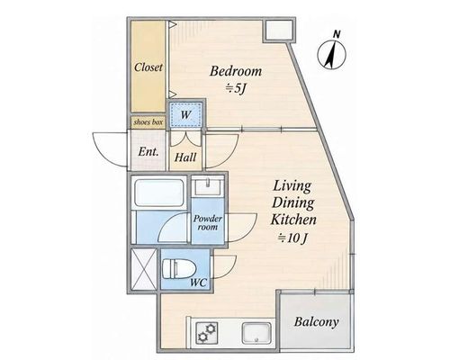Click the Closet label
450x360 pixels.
tap(148, 67)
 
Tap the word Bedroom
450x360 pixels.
tap(236, 71)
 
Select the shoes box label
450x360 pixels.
tap(148, 122)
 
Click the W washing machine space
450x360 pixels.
tap(185, 114)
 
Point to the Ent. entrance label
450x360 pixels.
tap(148, 152)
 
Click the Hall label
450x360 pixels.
tap(185, 157)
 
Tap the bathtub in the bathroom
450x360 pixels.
tap(158, 193)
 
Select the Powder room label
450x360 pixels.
tap(208, 222)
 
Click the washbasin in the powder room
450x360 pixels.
tap(208, 185)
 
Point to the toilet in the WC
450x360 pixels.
tap(179, 269)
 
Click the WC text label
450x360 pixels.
tap(199, 283)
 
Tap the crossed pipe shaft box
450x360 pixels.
tap(144, 269)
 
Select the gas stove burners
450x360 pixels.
tap(207, 333)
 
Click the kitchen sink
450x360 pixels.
tap(256, 333)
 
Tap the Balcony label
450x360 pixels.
tap(317, 322)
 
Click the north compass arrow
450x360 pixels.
tap(332, 55)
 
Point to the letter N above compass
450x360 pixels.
tap(337, 34)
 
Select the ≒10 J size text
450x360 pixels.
tap(292, 238)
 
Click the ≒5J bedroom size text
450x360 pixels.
tap(236, 88)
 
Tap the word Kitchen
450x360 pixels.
tap(293, 220)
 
